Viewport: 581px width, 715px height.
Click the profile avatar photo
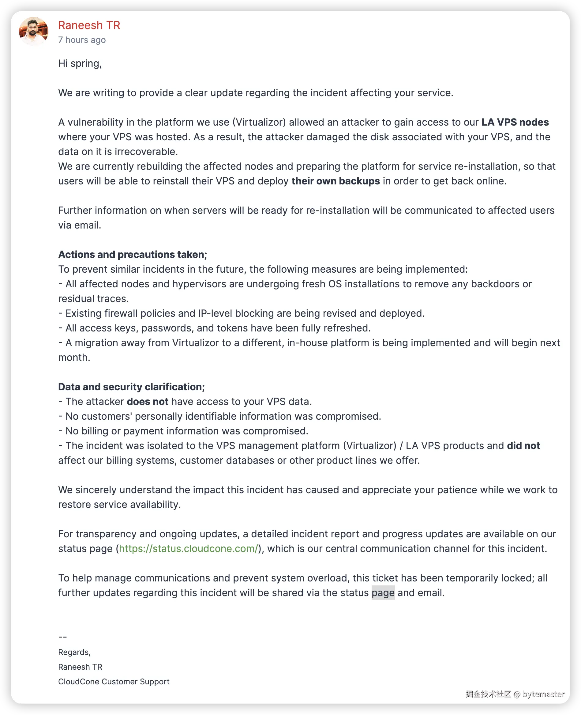[33, 32]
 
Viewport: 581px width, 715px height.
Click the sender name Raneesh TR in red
[89, 25]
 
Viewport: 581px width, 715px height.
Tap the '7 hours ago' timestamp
[82, 40]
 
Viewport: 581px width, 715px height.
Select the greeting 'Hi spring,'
[80, 63]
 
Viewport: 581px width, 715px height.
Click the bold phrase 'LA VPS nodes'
[515, 122]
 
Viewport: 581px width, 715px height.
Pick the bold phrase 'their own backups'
[335, 181]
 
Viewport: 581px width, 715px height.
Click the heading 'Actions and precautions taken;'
[133, 255]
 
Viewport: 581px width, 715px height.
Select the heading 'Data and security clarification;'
[131, 387]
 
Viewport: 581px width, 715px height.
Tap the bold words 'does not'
[147, 402]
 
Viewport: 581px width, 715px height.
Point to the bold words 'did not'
[523, 446]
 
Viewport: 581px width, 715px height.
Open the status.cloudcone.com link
[189, 549]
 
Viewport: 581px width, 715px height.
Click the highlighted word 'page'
[383, 593]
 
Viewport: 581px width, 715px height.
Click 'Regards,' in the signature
[74, 652]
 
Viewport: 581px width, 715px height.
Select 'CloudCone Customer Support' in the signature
[114, 682]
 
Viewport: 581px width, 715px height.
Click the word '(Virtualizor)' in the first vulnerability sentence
[259, 122]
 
